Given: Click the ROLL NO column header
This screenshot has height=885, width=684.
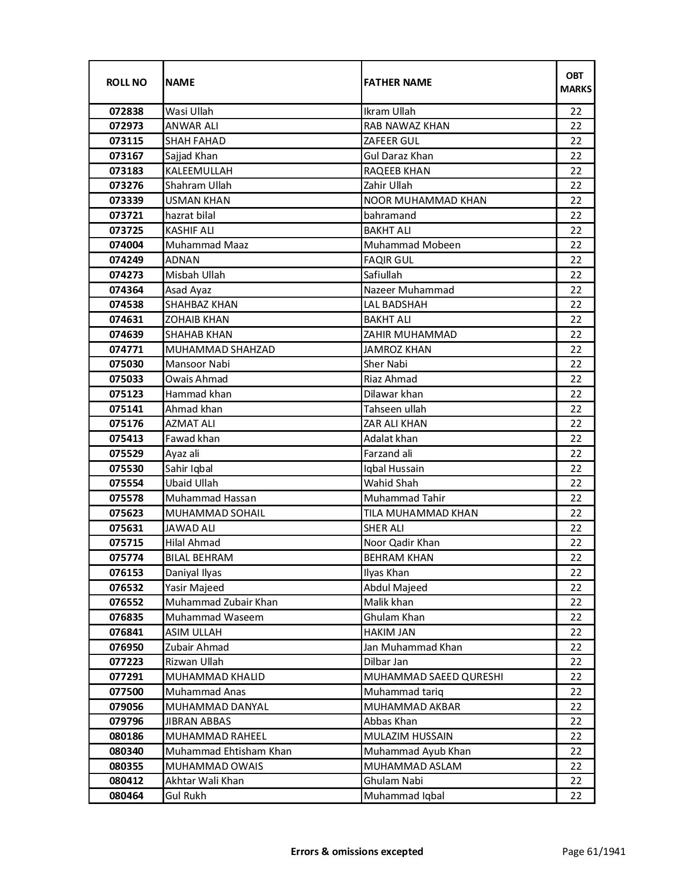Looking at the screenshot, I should tap(126, 82).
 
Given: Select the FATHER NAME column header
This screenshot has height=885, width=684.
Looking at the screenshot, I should tap(398, 82).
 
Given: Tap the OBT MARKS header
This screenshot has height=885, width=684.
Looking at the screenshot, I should tap(576, 82).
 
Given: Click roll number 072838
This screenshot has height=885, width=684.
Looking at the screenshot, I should tap(126, 112).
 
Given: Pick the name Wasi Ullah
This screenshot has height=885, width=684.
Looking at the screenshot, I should tap(189, 112).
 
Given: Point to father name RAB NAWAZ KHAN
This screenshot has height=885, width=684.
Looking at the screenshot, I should tap(407, 126).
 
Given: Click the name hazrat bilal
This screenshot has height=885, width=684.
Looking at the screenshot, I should tap(190, 216).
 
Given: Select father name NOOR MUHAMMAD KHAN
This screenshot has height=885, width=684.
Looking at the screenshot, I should tap(425, 201).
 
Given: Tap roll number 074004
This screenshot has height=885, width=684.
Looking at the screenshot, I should tap(126, 245).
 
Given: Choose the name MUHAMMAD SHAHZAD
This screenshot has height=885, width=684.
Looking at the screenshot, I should tap(220, 350).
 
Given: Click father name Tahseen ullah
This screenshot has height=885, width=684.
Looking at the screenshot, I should tap(395, 409).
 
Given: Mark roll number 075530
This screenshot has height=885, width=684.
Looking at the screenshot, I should tap(126, 469).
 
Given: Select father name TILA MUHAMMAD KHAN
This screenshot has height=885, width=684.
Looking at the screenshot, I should tap(421, 513).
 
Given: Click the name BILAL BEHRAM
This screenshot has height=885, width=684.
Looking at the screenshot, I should tap(199, 558).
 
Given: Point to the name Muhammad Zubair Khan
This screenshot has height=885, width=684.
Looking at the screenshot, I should tap(221, 602).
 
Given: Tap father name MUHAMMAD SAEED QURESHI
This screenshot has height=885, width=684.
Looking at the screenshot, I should tap(433, 677).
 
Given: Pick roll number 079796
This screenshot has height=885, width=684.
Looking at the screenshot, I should tap(126, 721).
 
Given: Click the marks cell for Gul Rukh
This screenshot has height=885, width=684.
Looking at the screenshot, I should tap(576, 796).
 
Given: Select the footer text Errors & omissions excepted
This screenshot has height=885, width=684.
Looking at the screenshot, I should tap(357, 851).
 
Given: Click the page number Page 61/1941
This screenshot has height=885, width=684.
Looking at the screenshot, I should tap(593, 851).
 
